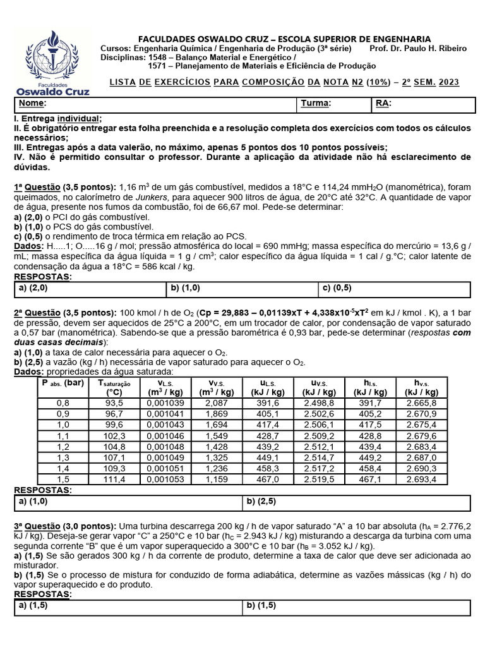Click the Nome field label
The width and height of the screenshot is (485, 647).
(x=32, y=104)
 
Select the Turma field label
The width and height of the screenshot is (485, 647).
(x=316, y=104)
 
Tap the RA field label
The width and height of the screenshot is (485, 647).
(x=383, y=104)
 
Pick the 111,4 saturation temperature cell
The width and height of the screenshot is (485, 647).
(x=114, y=480)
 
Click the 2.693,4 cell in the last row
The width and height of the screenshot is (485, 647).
(x=422, y=480)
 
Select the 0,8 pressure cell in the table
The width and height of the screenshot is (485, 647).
(x=63, y=403)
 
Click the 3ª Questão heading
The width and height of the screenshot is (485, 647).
(x=40, y=526)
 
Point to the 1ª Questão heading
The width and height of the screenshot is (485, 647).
(x=40, y=187)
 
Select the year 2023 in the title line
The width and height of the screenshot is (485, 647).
(x=448, y=82)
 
